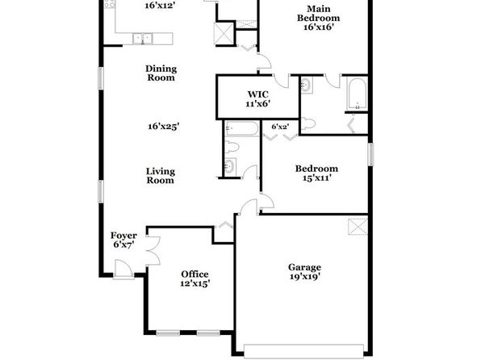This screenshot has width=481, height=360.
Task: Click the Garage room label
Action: tap(304, 267)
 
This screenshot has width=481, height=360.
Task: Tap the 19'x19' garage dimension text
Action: tap(305, 277)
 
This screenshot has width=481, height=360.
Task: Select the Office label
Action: tap(194, 274)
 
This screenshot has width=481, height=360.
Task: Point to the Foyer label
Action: tap(123, 236)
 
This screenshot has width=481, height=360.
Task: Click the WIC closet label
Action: tap(258, 94)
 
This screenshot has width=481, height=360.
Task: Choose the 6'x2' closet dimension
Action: tap(280, 127)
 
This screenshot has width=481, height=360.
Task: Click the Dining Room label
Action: tap(161, 73)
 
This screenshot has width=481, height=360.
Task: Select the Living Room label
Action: tap(161, 175)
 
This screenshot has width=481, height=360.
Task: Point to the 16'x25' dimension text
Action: tap(164, 127)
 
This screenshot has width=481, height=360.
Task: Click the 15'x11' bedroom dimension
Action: tap(317, 178)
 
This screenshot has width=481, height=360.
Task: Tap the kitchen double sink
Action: tap(143, 39)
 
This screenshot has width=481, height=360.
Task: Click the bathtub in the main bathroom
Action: tap(358, 94)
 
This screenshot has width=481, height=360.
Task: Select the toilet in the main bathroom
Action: tap(308, 123)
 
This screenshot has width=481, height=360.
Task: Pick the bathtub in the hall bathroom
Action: tap(241, 128)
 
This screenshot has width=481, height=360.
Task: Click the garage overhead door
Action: tap(303, 351)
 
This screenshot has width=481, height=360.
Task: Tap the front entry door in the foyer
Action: tap(123, 270)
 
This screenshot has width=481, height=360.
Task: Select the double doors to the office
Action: tap(153, 250)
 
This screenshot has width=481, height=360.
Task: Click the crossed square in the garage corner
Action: tap(358, 227)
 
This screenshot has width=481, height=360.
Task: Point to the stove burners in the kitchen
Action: tap(110, 4)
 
